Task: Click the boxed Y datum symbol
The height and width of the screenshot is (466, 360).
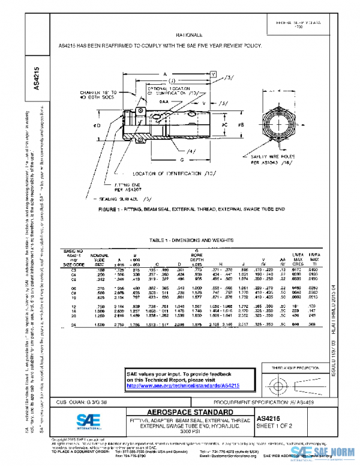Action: [213, 73]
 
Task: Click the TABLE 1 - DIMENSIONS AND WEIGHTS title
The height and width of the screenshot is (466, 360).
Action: [180, 238]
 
